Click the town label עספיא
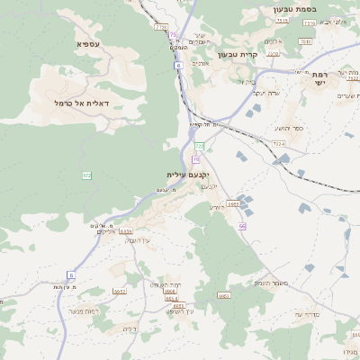click(x=89, y=43)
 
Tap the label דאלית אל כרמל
click(x=82, y=103)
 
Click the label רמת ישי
click(x=319, y=78)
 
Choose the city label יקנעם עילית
click(x=188, y=174)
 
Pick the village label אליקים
click(x=107, y=231)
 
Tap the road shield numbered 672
click(x=86, y=175)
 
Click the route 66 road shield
click(x=242, y=226)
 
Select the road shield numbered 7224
click(x=278, y=143)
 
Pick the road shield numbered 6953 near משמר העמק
click(x=232, y=204)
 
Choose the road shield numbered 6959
click(x=126, y=231)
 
